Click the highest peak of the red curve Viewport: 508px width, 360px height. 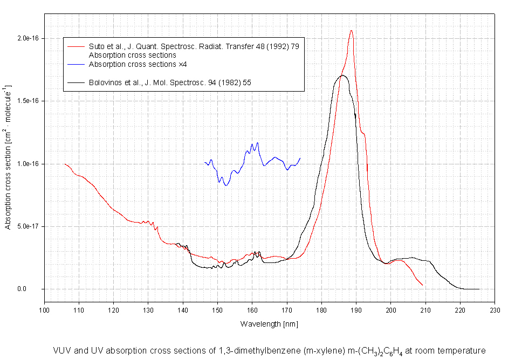click(x=351, y=31)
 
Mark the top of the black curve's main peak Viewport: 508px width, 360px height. click(x=342, y=75)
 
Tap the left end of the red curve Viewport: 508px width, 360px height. click(x=65, y=164)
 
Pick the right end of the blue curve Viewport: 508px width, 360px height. click(x=300, y=158)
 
